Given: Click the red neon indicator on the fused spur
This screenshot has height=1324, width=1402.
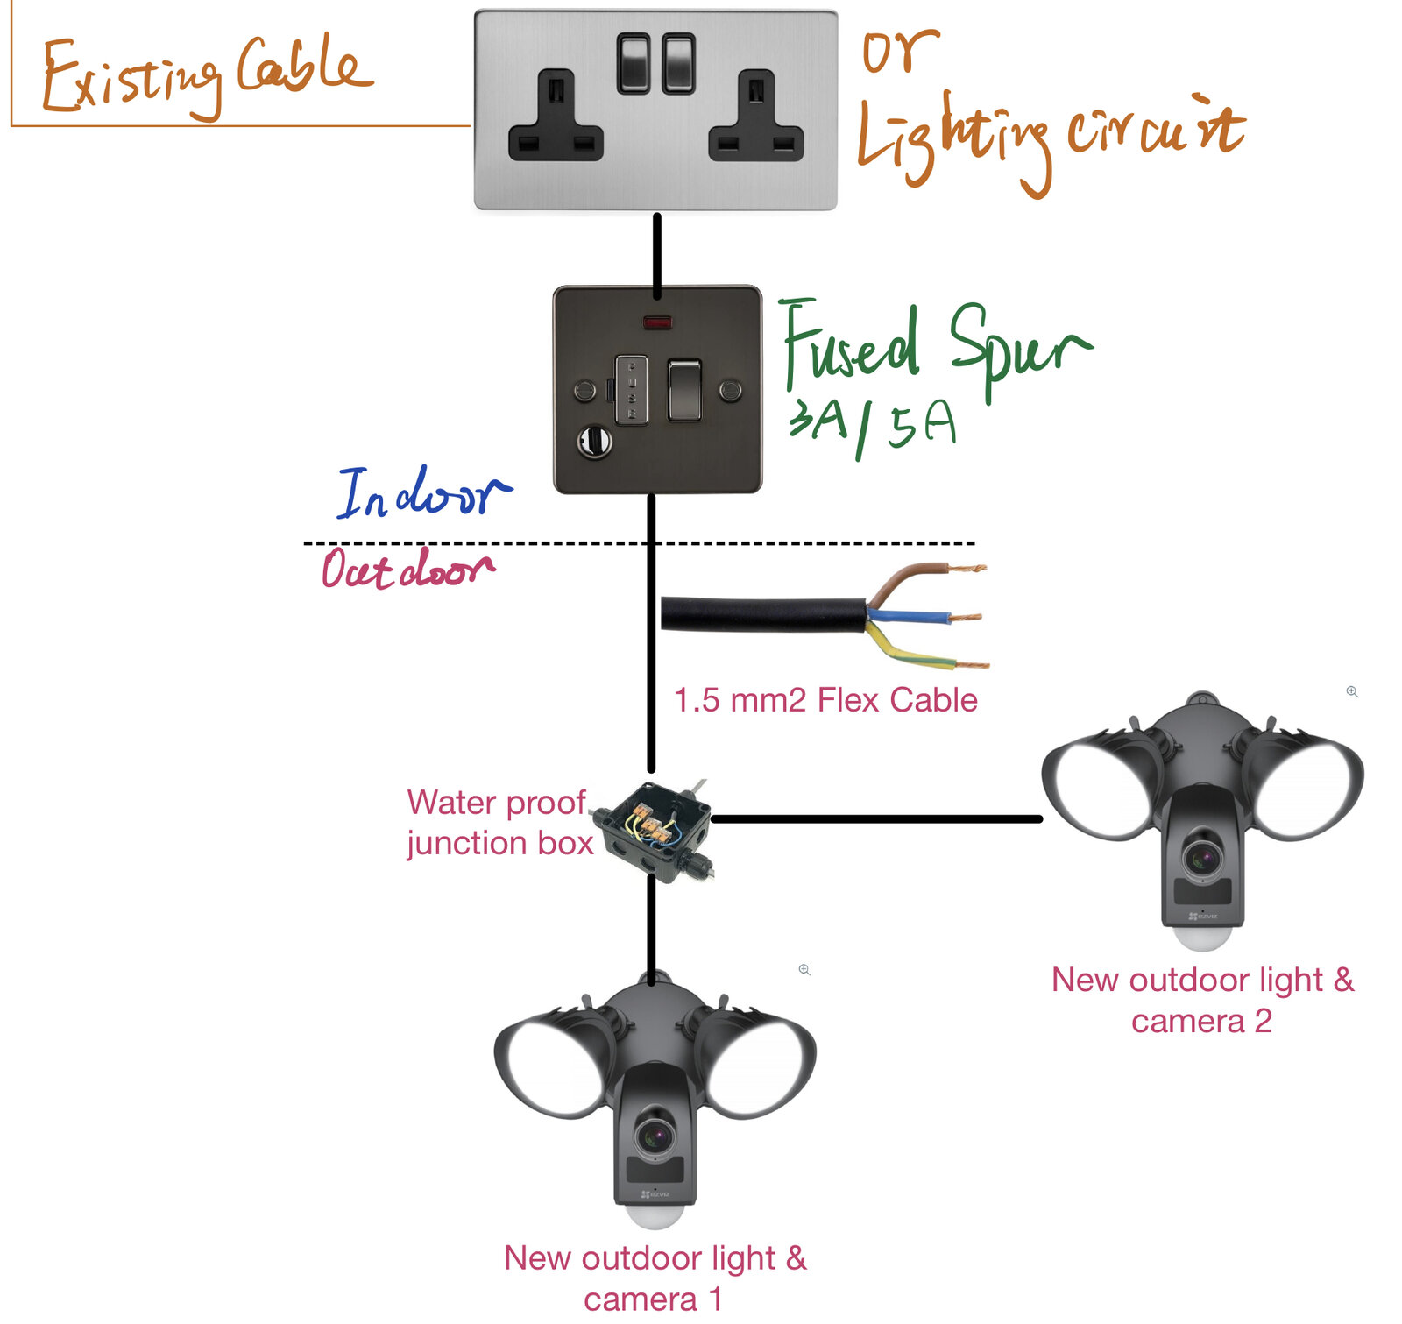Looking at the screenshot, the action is [657, 322].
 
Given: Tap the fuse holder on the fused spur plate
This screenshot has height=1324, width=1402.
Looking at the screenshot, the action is [631, 390].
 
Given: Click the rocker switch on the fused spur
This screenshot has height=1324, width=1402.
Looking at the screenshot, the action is [684, 390].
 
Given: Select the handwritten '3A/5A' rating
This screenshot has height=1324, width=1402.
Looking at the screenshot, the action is [872, 427].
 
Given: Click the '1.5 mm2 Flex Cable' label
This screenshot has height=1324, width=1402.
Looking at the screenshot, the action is [825, 700].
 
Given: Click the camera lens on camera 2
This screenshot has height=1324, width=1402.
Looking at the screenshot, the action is [1202, 856].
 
